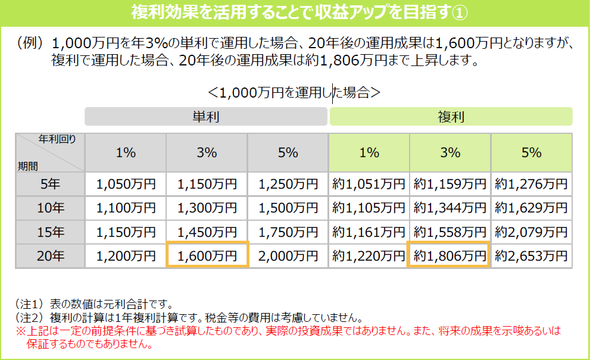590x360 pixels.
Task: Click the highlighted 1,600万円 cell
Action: coord(207,256)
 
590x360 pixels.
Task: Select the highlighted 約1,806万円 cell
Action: coord(449,256)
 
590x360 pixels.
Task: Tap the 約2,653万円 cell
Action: coord(531,256)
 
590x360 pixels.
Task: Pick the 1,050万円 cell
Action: coord(126,184)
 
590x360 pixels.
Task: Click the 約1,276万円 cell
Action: coord(531,184)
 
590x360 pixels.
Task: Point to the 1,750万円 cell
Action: coord(288,232)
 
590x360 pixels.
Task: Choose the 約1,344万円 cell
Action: coord(449,208)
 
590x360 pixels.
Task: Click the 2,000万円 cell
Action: coord(288,256)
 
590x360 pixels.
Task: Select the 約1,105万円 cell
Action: coord(369,208)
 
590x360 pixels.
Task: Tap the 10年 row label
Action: coord(50,208)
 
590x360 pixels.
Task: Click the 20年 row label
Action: coord(50,256)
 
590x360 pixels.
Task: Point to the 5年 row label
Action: coord(50,184)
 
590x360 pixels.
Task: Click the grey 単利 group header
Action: coord(206,117)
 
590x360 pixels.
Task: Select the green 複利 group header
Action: coord(451,117)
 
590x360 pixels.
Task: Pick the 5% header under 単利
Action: coord(288,153)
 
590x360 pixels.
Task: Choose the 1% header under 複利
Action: coord(369,153)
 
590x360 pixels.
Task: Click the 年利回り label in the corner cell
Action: coord(57,139)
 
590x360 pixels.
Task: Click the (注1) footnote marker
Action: coord(28,305)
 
